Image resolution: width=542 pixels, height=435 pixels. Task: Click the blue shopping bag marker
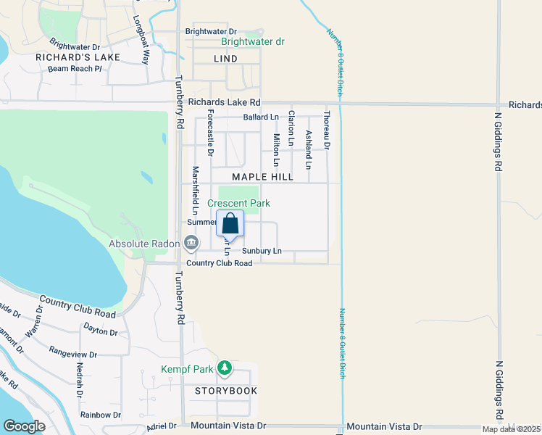[230, 223]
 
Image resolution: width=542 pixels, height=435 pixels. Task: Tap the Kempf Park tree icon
[225, 368]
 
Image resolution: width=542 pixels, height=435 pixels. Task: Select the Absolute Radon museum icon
[191, 242]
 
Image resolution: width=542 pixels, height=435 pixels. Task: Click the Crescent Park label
[238, 204]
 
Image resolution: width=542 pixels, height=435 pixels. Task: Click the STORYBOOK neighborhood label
[225, 391]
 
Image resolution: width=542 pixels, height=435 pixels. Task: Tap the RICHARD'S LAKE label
[67, 56]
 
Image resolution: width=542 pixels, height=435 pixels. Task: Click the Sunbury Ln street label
[262, 251]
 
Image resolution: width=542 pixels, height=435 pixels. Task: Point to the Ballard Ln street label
[261, 117]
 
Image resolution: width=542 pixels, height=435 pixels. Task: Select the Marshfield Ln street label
[195, 190]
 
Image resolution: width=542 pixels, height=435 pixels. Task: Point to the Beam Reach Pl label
[75, 68]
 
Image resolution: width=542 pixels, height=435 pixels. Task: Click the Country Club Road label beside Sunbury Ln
[219, 263]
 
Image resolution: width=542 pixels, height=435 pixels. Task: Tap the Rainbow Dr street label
[101, 415]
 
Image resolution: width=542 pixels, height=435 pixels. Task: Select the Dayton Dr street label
[100, 332]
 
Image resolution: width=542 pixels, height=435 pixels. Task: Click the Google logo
[25, 426]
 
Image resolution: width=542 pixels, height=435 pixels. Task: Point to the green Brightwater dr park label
[253, 42]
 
